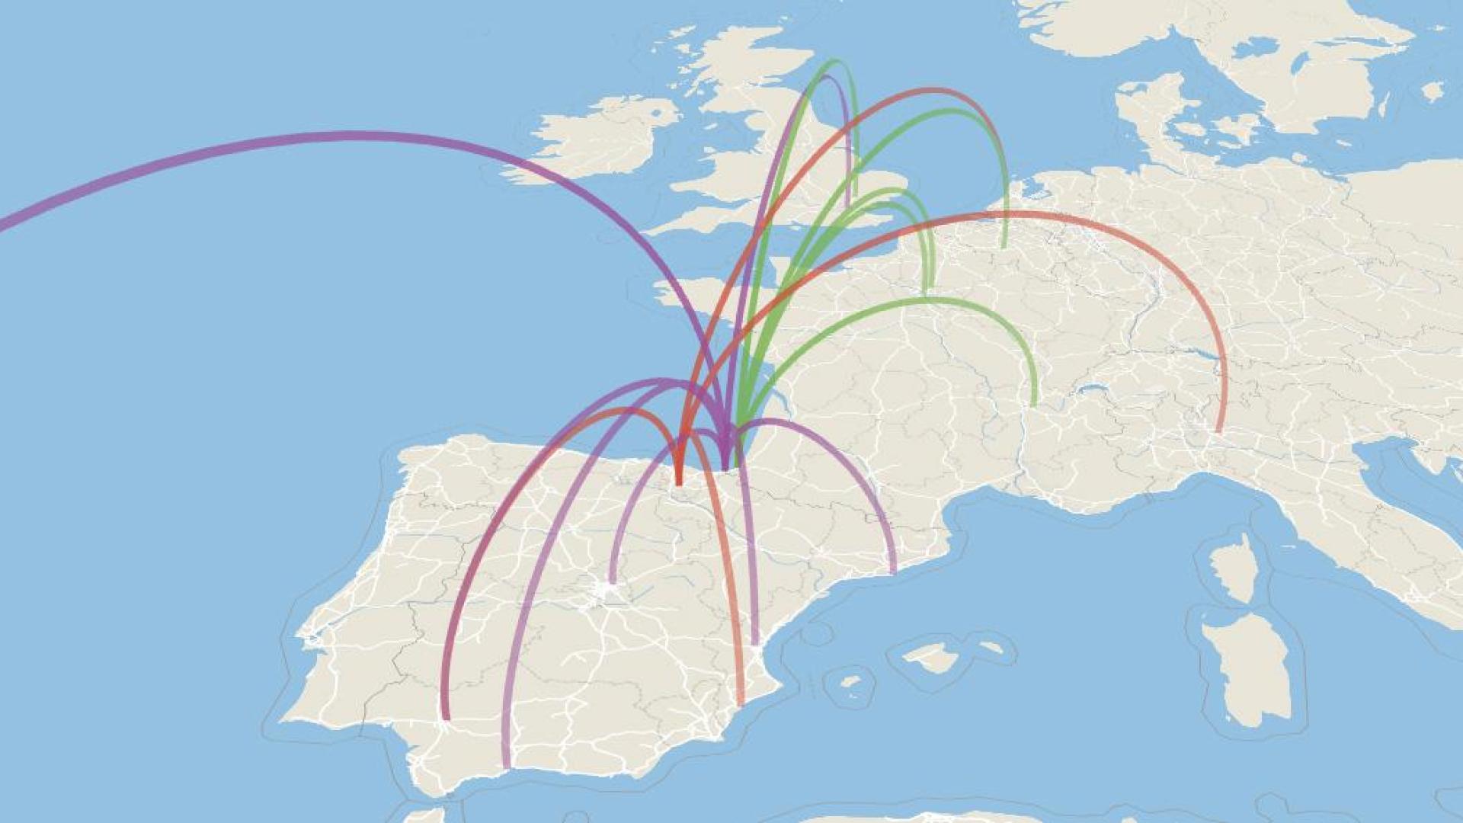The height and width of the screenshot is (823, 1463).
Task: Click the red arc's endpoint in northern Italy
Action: (1219, 430)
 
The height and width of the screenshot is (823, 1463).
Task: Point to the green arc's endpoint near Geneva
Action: (1034, 402)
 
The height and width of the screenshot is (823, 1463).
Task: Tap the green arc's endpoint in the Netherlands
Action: (1004, 245)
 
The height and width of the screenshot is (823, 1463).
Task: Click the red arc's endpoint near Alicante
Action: (741, 702)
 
